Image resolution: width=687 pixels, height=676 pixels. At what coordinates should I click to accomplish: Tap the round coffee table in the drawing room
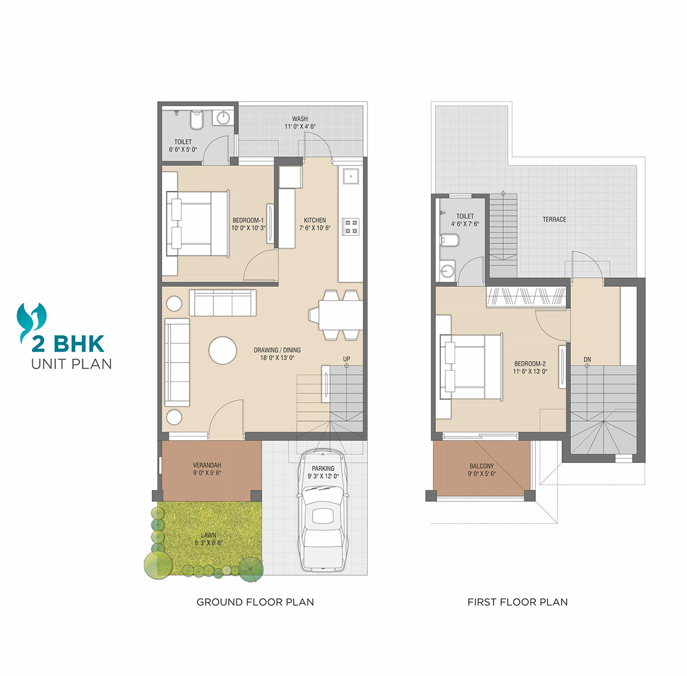(223, 351)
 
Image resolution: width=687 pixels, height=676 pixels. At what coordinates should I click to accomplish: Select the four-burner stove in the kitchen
(350, 227)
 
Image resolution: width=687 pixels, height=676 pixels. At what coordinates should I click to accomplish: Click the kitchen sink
(351, 176)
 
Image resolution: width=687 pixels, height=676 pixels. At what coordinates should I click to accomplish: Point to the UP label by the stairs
(346, 359)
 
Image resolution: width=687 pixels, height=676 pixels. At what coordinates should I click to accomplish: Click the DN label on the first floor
(587, 359)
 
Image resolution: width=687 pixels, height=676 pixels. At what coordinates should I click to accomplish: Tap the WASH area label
(300, 119)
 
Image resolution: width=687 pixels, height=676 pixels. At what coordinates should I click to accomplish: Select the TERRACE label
(554, 219)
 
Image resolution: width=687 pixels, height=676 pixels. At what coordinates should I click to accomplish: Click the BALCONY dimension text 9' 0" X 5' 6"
(481, 474)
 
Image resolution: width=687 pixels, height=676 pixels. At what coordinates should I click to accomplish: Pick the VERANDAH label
(207, 465)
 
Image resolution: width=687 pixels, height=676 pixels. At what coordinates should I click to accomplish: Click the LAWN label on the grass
(208, 535)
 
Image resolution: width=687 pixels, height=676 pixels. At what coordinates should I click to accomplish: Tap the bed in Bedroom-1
(198, 223)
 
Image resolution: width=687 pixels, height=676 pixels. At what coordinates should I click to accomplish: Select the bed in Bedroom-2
(471, 367)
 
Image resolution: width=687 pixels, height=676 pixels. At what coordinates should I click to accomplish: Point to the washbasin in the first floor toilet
(447, 270)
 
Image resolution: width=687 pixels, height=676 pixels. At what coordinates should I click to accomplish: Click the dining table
(341, 315)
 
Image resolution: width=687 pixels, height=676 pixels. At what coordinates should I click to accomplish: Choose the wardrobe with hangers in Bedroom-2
(526, 297)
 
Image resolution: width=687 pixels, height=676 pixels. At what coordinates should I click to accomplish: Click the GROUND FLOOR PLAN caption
(255, 602)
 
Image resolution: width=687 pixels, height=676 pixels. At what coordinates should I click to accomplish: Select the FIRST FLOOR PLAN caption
(518, 602)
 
